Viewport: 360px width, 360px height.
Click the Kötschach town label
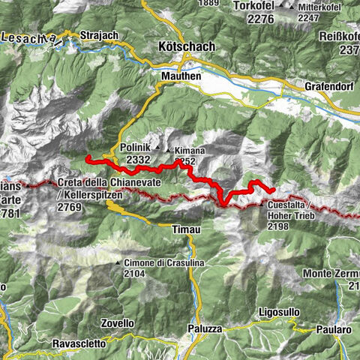click(x=187, y=46)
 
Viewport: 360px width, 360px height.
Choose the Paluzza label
click(x=204, y=328)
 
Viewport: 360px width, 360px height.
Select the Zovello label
click(x=116, y=323)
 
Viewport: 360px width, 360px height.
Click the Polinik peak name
click(x=135, y=148)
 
